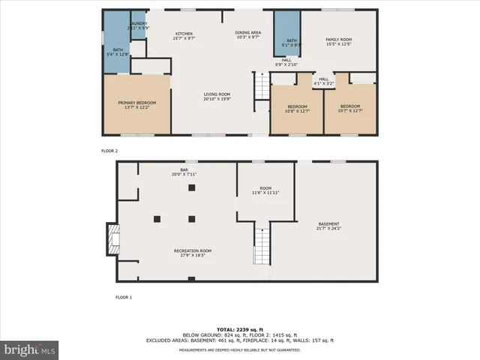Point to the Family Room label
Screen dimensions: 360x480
(x=337, y=41)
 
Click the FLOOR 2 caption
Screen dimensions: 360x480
(x=109, y=151)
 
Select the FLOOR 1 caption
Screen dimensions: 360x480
(x=123, y=298)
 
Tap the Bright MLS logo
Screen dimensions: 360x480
(x=29, y=349)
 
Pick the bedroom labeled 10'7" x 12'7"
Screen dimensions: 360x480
(x=349, y=109)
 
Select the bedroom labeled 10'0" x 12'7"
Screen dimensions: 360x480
(x=296, y=109)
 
